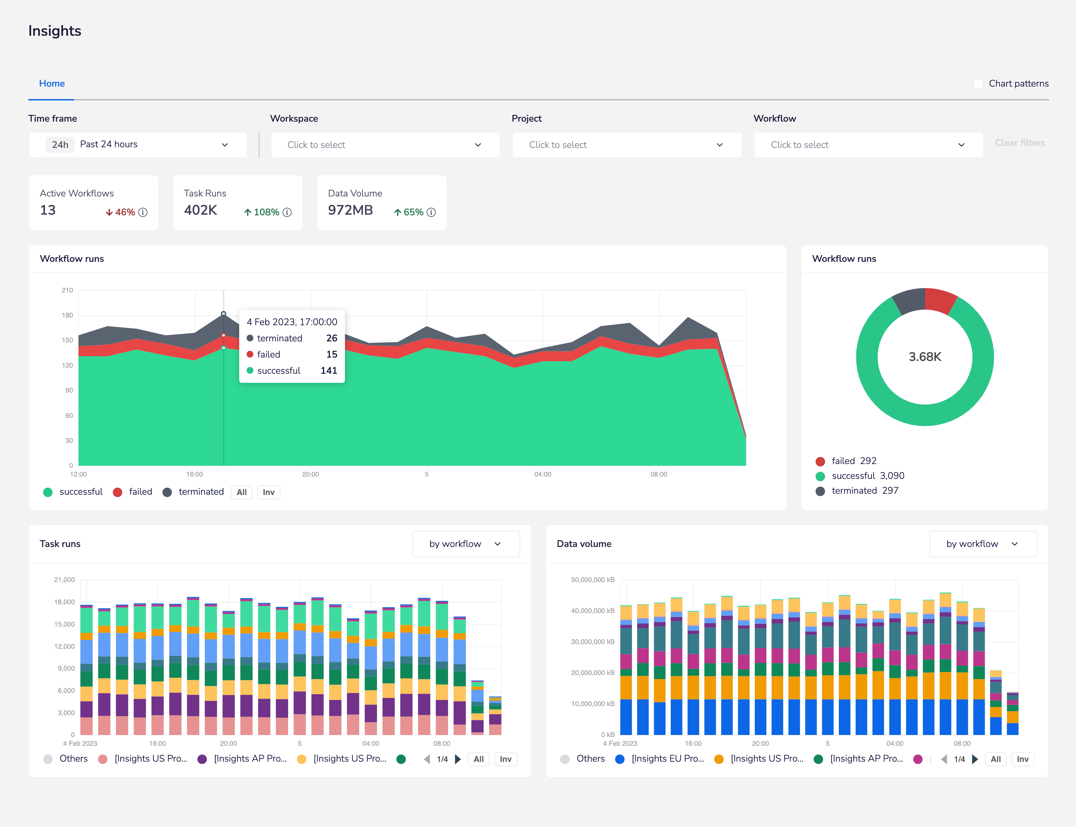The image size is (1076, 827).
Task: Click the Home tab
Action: point(52,84)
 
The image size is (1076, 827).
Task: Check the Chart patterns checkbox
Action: point(978,84)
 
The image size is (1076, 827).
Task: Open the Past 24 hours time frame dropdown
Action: point(138,145)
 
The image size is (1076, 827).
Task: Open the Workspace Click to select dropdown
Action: point(385,145)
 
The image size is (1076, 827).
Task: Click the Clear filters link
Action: point(1019,143)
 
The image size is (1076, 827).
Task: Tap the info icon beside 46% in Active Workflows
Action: point(143,212)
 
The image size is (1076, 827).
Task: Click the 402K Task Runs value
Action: point(200,210)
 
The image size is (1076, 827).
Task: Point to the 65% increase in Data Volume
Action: point(409,212)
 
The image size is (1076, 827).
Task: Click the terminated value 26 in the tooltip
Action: point(331,338)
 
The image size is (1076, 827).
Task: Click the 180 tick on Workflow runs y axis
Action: point(67,315)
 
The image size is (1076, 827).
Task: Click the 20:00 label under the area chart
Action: point(311,474)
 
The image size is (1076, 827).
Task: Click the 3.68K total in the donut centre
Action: point(924,357)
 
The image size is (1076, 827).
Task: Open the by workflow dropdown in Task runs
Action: point(466,544)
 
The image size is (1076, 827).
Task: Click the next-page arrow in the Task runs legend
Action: point(457,759)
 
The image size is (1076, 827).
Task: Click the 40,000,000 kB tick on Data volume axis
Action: point(592,611)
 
